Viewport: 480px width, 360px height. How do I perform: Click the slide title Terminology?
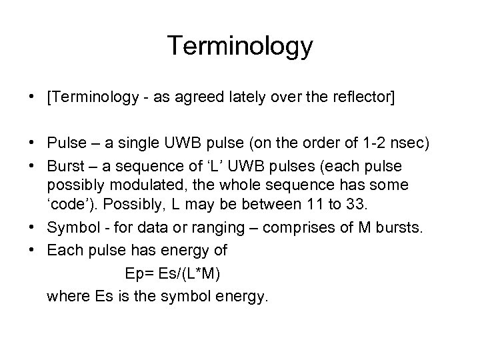point(239,46)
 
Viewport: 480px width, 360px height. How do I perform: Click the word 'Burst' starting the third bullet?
point(64,164)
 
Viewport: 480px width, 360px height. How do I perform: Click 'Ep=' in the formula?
point(139,273)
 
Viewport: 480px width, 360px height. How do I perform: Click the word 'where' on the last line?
point(65,295)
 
